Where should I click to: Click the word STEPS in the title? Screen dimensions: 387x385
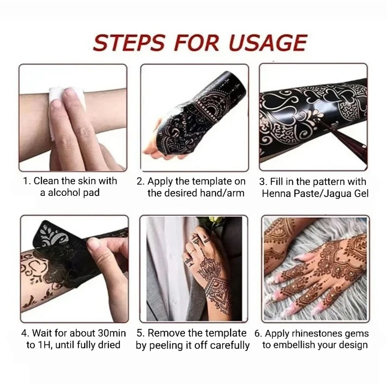(129, 43)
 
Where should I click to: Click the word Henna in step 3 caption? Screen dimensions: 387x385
(276, 193)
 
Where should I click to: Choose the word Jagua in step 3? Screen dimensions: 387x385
(337, 193)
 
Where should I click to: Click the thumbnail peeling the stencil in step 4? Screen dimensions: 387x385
(74, 269)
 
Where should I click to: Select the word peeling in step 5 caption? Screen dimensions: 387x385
(166, 345)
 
